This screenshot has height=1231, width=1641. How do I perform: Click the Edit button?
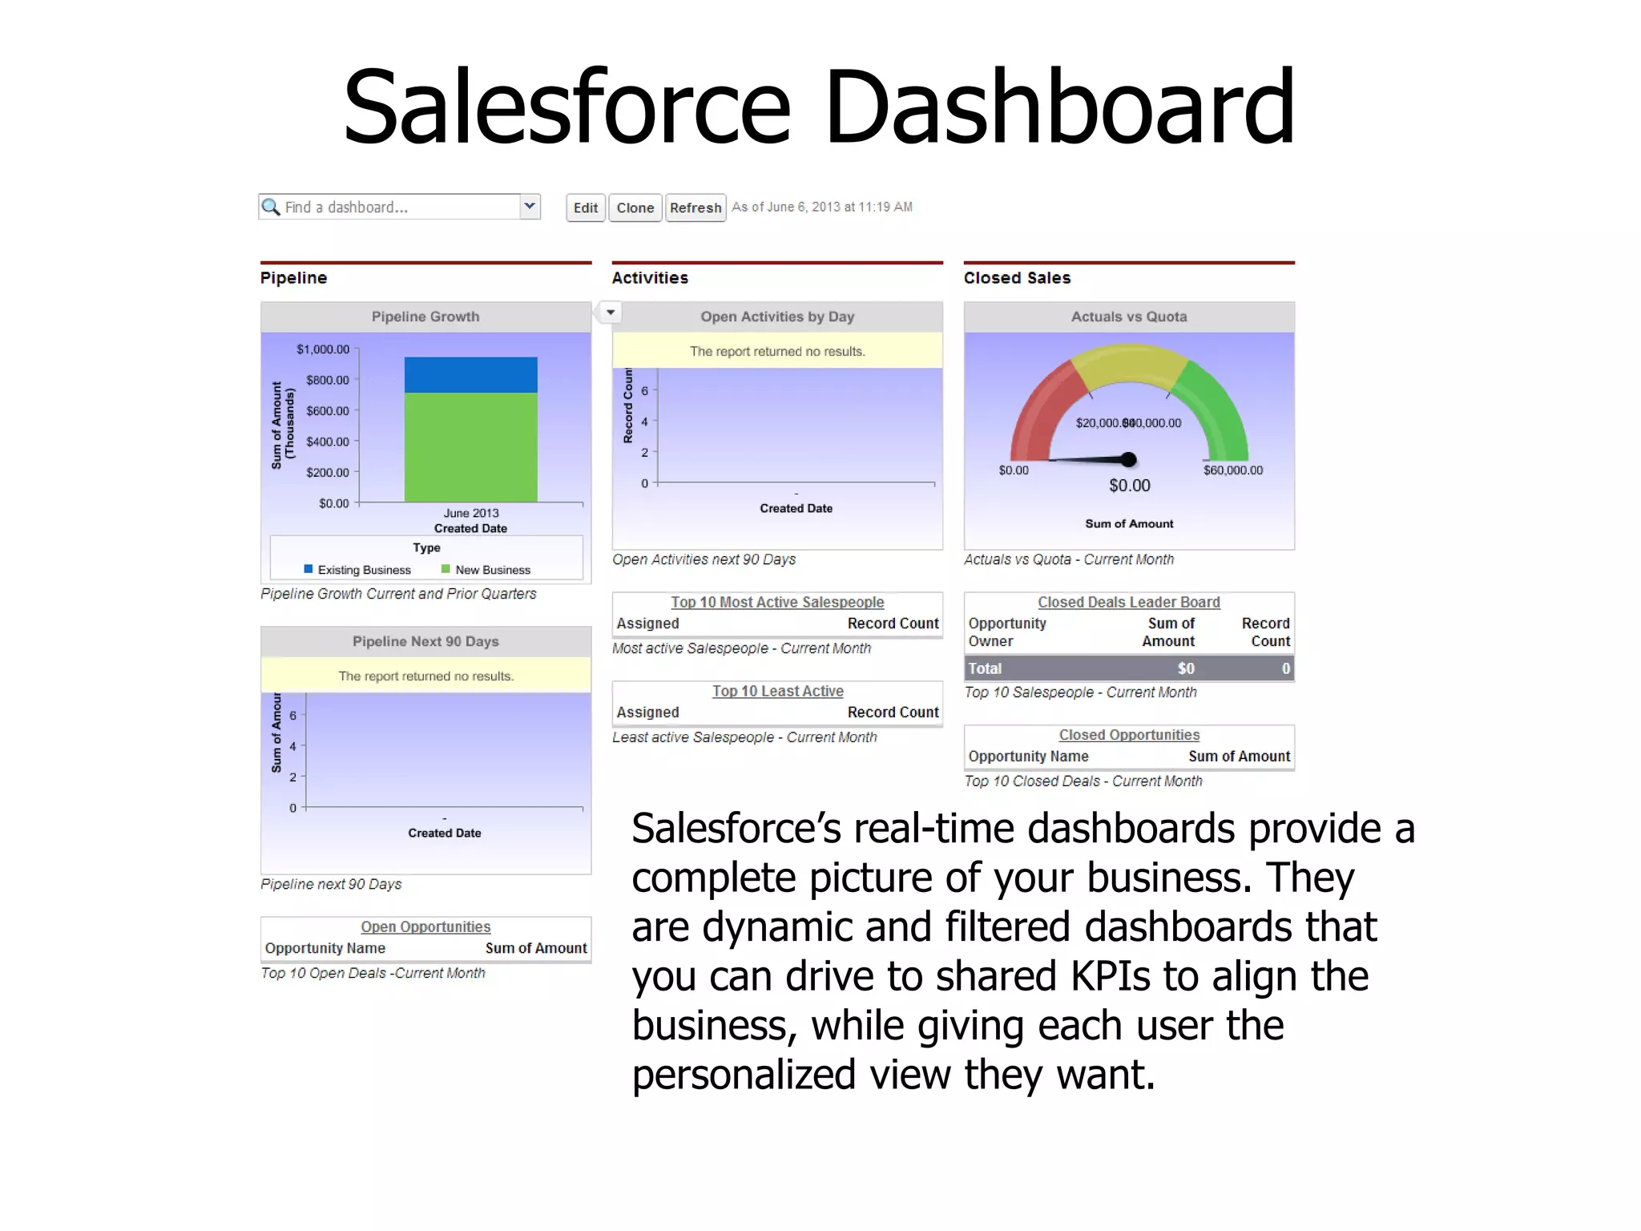tap(585, 208)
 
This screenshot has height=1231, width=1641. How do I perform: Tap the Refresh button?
tap(695, 208)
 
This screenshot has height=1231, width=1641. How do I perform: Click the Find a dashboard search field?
tap(393, 207)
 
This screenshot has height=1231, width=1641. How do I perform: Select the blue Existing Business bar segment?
tap(470, 374)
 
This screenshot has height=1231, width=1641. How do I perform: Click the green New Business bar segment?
tap(470, 446)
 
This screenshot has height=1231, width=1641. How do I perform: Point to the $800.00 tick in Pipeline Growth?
tap(327, 380)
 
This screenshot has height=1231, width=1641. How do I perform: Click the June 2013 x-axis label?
tap(471, 513)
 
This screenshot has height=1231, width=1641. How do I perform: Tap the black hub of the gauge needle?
tap(1129, 459)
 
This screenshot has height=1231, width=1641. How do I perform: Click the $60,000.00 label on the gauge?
tap(1232, 470)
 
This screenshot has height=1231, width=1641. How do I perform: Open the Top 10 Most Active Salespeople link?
tap(777, 602)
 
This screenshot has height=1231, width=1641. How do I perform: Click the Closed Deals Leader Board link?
tap(1128, 602)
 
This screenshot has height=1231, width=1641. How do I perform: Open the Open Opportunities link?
tap(425, 926)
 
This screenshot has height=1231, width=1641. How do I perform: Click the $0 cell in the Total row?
tap(1185, 668)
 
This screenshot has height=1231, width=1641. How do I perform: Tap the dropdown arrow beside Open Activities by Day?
tap(611, 312)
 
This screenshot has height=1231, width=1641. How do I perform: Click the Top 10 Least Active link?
tap(777, 691)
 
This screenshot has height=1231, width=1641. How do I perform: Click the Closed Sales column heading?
tap(1017, 278)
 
